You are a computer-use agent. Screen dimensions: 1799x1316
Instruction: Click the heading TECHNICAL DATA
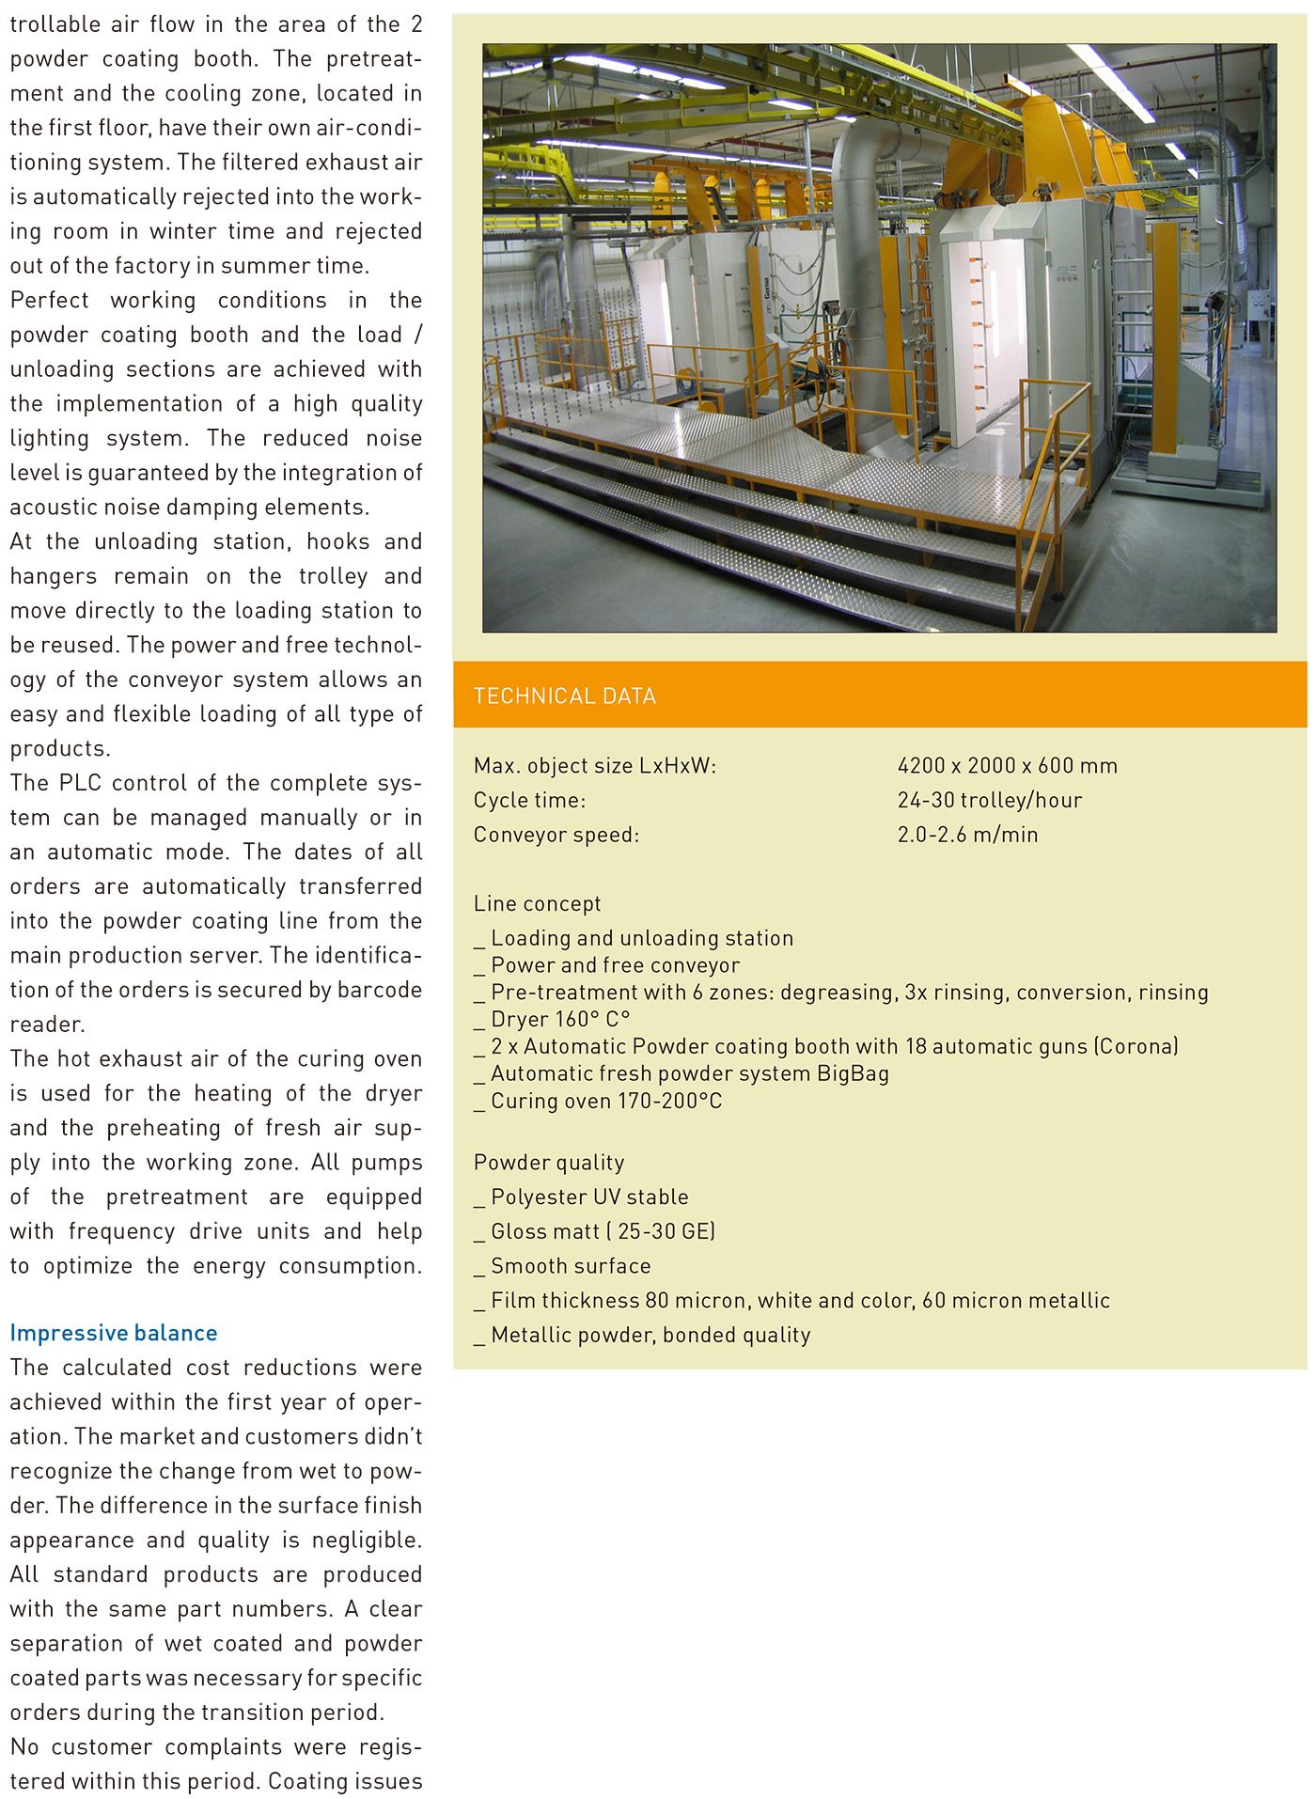(564, 696)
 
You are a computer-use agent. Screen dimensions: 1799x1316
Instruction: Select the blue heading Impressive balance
(114, 1333)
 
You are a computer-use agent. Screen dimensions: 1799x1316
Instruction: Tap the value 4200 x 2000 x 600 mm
(1007, 766)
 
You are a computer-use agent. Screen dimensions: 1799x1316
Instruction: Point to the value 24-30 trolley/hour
(989, 801)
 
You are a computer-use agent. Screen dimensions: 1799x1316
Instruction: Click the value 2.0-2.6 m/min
(967, 835)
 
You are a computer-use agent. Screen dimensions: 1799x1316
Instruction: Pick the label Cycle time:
(529, 801)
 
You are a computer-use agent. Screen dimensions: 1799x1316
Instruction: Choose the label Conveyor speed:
(556, 835)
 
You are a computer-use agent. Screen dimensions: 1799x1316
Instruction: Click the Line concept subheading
(537, 904)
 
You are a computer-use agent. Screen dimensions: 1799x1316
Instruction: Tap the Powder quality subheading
(549, 1163)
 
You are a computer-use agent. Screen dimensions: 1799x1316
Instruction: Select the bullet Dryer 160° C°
(559, 1020)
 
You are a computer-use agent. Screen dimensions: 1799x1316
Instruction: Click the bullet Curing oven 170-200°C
(605, 1102)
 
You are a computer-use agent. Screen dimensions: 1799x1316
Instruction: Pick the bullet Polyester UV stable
(589, 1197)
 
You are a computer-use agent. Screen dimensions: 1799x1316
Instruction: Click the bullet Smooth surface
(570, 1267)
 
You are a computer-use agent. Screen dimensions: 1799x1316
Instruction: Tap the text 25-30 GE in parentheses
(666, 1232)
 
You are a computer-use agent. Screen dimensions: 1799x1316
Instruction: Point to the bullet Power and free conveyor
(615, 966)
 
